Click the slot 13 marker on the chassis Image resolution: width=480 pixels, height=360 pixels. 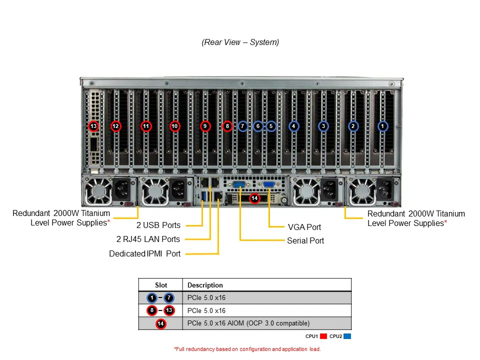(x=93, y=126)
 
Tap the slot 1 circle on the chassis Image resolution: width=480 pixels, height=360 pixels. (x=382, y=126)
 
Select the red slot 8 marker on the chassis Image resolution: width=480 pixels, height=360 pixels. (x=227, y=126)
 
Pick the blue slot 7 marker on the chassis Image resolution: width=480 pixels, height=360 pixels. (x=242, y=126)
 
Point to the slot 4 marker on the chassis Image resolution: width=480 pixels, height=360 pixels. (x=293, y=126)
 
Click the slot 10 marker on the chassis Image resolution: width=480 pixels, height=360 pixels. (x=174, y=126)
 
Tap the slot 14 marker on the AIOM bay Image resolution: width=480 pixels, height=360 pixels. (x=254, y=198)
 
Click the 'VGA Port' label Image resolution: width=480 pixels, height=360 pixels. (x=304, y=227)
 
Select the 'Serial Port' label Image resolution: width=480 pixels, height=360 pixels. (x=305, y=240)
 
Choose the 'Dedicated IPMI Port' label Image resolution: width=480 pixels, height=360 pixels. (x=145, y=253)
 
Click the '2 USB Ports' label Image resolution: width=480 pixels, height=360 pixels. (x=158, y=225)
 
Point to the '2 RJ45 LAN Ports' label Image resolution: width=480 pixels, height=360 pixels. (x=148, y=239)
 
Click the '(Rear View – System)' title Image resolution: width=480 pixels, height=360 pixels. (x=240, y=42)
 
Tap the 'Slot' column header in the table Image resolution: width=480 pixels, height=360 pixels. (x=161, y=285)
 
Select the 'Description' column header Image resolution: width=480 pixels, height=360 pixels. (x=205, y=285)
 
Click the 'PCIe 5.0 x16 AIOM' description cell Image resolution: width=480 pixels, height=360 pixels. (x=248, y=323)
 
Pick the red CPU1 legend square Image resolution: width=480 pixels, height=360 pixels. (x=323, y=336)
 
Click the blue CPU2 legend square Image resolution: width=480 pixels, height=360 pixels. (x=347, y=336)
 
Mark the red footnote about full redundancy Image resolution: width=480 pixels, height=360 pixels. (x=247, y=349)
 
